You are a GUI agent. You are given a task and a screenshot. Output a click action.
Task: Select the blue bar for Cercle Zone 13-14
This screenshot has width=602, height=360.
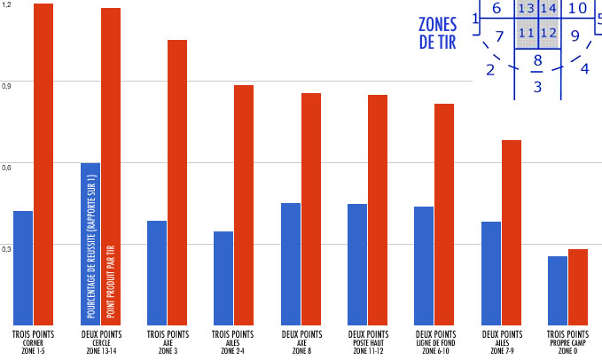click(x=90, y=244)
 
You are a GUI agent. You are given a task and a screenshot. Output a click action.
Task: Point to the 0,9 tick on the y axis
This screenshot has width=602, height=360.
click(x=7, y=85)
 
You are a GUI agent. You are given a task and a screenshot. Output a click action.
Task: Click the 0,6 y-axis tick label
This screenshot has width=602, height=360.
click(x=7, y=166)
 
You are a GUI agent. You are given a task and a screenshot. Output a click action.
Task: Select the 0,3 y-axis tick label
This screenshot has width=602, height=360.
click(x=7, y=247)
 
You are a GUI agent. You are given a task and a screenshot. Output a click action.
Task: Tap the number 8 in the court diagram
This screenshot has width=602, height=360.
click(x=537, y=60)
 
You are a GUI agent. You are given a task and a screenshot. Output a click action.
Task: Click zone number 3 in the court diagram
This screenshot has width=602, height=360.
click(x=537, y=87)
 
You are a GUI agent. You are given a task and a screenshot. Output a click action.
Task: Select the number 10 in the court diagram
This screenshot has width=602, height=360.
click(x=577, y=9)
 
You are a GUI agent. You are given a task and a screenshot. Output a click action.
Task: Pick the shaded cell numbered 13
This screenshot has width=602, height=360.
click(x=526, y=9)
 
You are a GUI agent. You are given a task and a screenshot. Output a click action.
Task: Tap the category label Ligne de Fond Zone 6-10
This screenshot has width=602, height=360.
click(x=434, y=342)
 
